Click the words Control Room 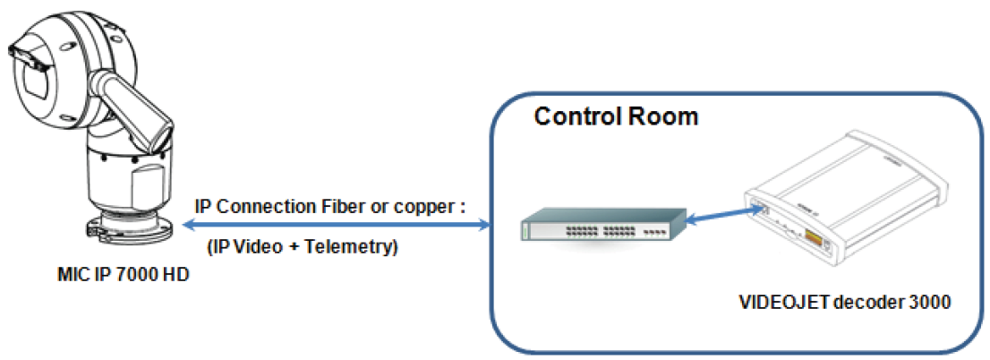[616, 117]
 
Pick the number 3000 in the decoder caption [931, 303]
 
